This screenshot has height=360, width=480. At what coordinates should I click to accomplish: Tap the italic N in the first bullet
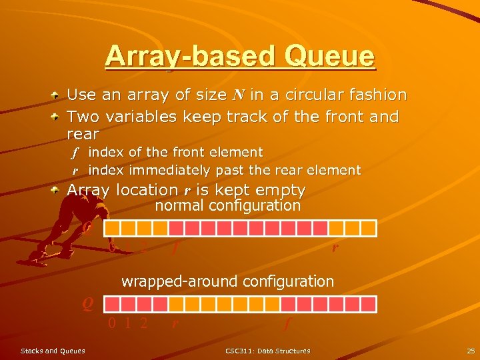237,96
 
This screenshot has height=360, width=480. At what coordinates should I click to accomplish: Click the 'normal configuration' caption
228,206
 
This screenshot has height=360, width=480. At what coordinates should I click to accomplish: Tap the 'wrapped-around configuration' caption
228,281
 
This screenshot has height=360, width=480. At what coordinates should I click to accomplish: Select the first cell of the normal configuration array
113,229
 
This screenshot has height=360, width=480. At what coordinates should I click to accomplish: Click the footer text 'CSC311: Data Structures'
268,351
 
